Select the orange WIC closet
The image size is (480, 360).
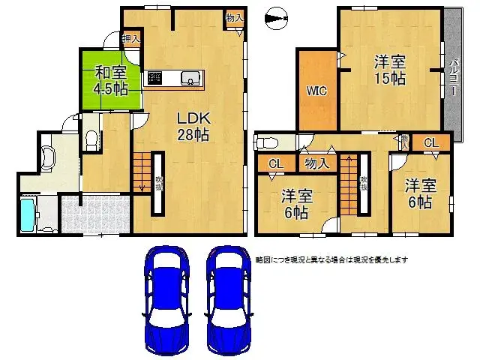pyautogui.click(x=316, y=91)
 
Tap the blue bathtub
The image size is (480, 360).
pyautogui.click(x=28, y=214)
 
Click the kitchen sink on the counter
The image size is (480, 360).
pyautogui.click(x=188, y=76)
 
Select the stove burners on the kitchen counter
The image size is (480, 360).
pyautogui.click(x=155, y=76)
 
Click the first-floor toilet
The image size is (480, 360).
pyautogui.click(x=91, y=139)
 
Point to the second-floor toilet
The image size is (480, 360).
pyautogui.click(x=270, y=142)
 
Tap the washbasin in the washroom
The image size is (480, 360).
pyautogui.click(x=49, y=156)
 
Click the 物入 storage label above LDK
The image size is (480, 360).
pyautogui.click(x=234, y=16)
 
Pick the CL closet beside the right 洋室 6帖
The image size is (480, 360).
pyautogui.click(x=431, y=142)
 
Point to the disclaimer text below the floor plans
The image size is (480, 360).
pyautogui.click(x=331, y=259)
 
